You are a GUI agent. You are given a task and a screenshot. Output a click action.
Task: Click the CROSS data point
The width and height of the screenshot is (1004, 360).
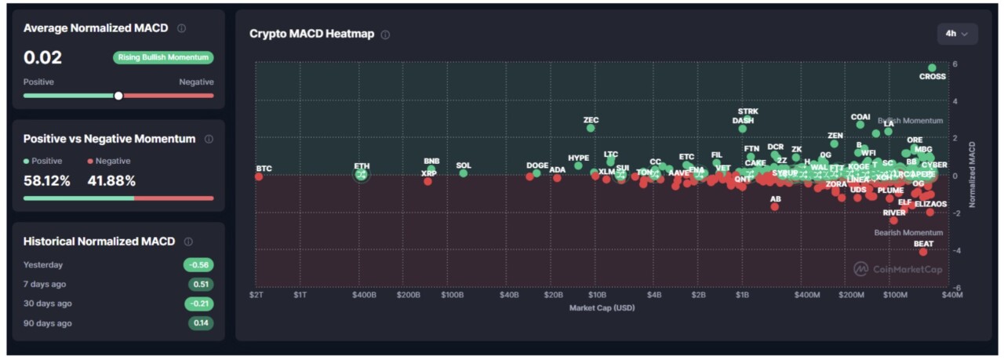(x=932, y=68)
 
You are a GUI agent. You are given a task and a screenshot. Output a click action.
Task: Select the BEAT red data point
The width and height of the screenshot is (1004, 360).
(x=923, y=252)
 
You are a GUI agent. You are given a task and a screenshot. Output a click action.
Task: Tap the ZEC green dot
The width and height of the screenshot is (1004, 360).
(x=591, y=128)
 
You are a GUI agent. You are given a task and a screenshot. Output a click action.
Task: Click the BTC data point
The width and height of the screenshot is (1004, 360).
(x=259, y=176)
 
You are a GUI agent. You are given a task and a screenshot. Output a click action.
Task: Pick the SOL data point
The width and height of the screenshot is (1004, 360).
(x=464, y=173)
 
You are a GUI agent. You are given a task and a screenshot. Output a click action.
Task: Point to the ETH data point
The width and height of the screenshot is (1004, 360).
(x=362, y=175)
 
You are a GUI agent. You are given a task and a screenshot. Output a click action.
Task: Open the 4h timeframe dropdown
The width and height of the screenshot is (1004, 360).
(x=957, y=34)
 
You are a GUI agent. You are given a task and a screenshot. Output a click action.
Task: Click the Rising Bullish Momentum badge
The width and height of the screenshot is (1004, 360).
(x=163, y=57)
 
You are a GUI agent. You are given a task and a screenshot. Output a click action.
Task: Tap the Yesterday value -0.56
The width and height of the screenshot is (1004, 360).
(x=198, y=265)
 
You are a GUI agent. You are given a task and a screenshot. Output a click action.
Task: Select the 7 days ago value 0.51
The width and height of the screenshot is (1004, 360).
(x=200, y=285)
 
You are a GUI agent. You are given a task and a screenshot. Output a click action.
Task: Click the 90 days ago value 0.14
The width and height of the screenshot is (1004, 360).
(x=200, y=323)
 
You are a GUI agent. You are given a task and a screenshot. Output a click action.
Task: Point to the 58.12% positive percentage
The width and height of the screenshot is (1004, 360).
(x=47, y=181)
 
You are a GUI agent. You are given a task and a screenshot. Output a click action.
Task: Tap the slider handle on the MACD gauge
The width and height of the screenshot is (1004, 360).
(x=118, y=96)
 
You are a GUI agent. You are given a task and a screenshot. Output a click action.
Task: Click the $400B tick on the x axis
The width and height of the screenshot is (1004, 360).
(x=364, y=295)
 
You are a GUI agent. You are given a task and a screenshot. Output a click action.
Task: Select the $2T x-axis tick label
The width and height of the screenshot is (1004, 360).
(x=256, y=295)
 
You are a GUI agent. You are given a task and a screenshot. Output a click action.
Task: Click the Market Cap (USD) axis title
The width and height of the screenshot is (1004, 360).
(x=602, y=308)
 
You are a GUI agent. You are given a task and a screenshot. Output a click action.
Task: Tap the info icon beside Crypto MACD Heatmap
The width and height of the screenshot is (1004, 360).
(x=385, y=35)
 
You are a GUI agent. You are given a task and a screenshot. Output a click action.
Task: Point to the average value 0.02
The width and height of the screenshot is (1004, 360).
(x=42, y=57)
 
